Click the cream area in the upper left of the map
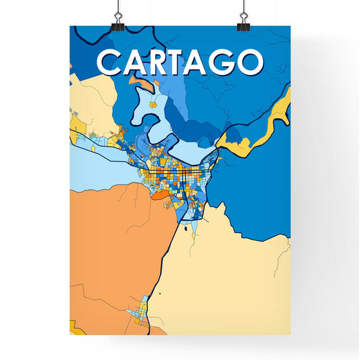point(91,98)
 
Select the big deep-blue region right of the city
point(260,182)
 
